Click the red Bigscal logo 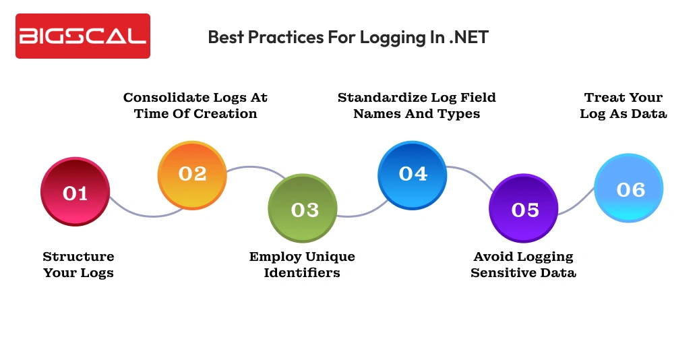82,36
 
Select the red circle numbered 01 75,192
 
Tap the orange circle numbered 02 192,175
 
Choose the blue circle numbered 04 413,175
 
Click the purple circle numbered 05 523,208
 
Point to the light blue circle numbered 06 629,189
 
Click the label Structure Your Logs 78,265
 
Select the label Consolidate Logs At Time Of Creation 195,106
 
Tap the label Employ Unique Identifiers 302,265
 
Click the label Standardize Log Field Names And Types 417,106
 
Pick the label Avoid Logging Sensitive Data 523,265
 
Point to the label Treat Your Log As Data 624,106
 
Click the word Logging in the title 390,38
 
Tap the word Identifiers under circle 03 302,273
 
